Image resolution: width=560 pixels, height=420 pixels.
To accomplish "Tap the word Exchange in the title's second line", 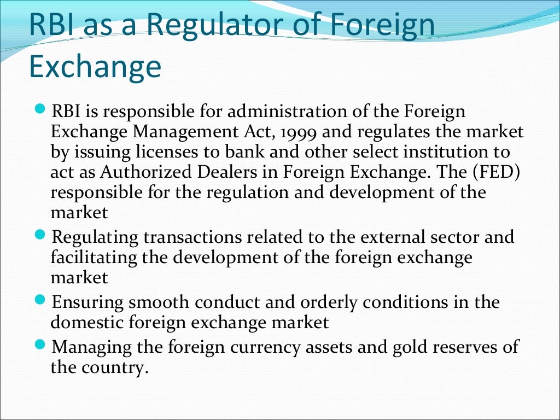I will click(x=95, y=67).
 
